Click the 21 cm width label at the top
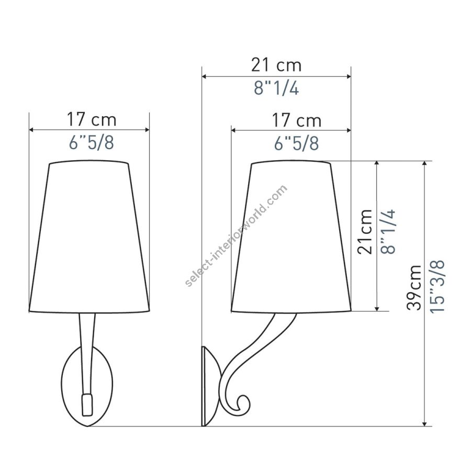(x=276, y=65)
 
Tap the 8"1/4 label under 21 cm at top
(x=276, y=88)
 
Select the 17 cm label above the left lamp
(x=91, y=119)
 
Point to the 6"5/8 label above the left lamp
(x=91, y=143)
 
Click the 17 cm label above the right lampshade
(x=297, y=120)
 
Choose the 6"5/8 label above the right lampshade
(x=297, y=143)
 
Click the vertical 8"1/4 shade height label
(x=388, y=232)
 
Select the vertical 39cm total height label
(x=414, y=287)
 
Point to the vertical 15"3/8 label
(x=437, y=287)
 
